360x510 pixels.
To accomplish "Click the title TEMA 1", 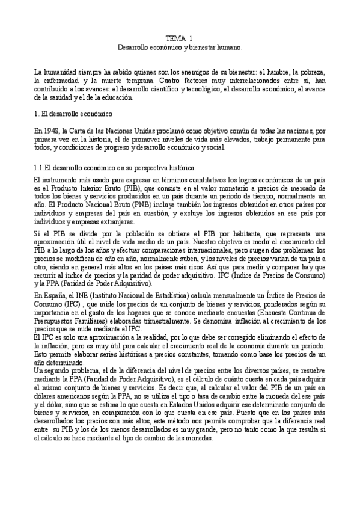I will pyautogui.click(x=179, y=37).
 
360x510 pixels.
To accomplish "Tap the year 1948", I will pyautogui.click(x=52, y=129).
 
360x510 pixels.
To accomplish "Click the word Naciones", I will pyautogui.click(x=117, y=129).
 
